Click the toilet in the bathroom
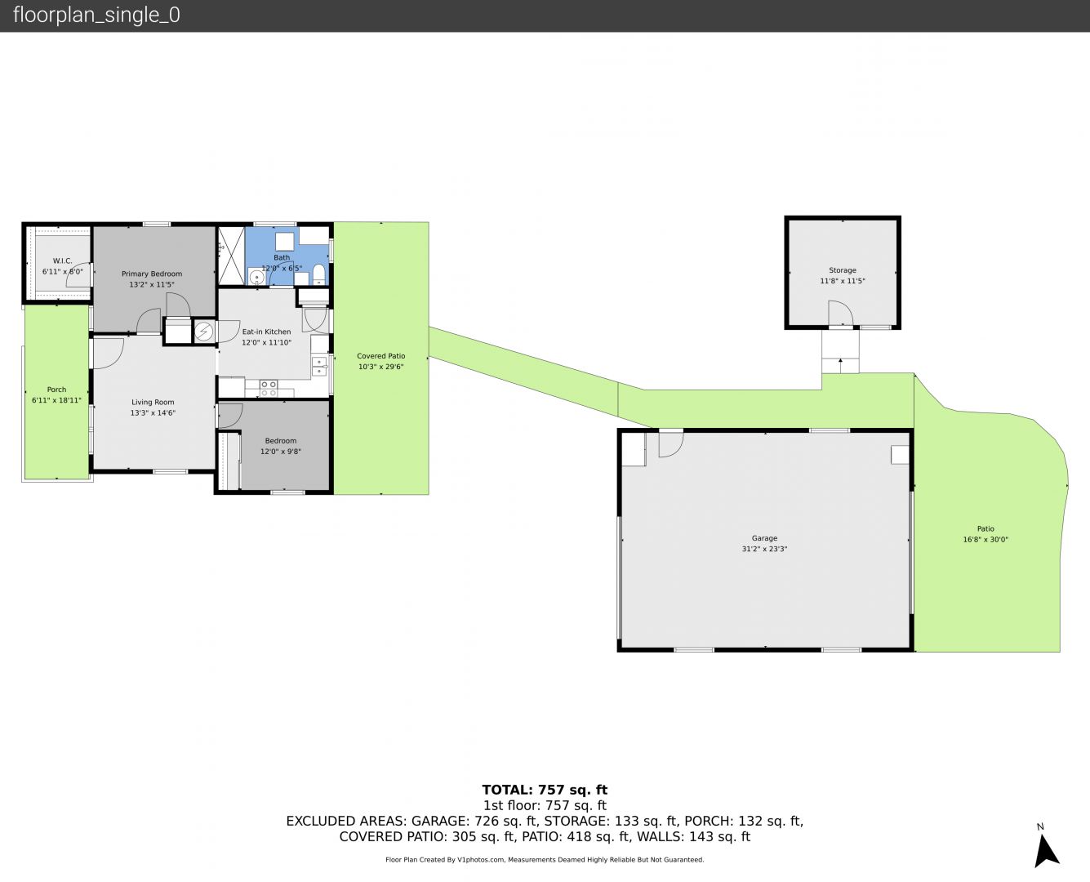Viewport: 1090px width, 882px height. [x=318, y=274]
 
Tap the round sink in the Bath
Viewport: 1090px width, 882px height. [x=256, y=278]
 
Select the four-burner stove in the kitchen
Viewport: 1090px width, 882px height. [x=269, y=389]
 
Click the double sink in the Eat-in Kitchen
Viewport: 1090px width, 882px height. [x=319, y=367]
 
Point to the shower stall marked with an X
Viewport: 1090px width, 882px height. [x=231, y=256]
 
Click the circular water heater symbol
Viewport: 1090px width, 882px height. [x=203, y=332]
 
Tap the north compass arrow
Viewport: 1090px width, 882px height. [x=1046, y=851]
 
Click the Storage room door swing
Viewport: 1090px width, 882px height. [x=840, y=313]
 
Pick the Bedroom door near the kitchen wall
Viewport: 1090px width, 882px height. [x=230, y=416]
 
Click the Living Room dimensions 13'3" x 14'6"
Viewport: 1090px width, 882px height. [x=153, y=413]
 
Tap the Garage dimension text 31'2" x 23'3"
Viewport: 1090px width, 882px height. [x=764, y=549]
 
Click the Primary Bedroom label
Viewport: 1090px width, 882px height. [x=152, y=274]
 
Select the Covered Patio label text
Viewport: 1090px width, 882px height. [x=380, y=356]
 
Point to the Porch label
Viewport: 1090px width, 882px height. [x=56, y=390]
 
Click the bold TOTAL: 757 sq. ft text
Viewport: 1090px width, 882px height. [x=545, y=790]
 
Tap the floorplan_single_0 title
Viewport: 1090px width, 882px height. [x=96, y=16]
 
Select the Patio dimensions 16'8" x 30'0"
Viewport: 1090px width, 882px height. [x=985, y=539]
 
